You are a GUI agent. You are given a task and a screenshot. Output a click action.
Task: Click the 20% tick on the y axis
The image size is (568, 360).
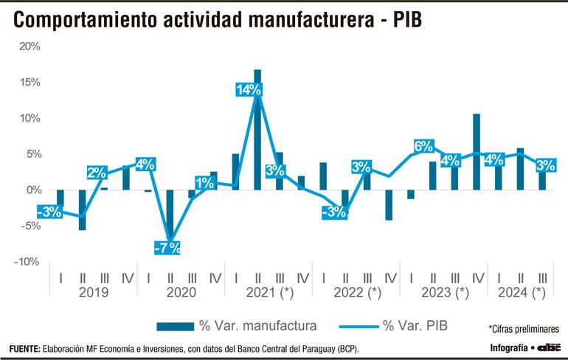pyautogui.click(x=29, y=46)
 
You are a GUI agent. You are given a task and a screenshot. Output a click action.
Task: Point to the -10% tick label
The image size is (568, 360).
pyautogui.click(x=27, y=261)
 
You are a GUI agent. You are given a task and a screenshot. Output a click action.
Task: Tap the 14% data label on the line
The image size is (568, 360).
pyautogui.click(x=249, y=91)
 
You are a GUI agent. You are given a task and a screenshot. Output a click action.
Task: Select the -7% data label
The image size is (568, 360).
pyautogui.click(x=167, y=247)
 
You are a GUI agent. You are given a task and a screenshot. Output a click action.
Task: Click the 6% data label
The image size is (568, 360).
pyautogui.click(x=423, y=147)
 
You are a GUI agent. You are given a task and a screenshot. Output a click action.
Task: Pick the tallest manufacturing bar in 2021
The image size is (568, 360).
pyautogui.click(x=257, y=129)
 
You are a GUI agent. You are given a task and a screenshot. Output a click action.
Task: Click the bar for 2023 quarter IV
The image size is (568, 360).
pyautogui.click(x=477, y=152)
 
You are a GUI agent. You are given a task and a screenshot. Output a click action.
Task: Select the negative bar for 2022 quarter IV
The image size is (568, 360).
pyautogui.click(x=389, y=204)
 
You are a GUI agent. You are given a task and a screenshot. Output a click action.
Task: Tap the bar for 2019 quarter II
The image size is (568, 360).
pyautogui.click(x=82, y=210)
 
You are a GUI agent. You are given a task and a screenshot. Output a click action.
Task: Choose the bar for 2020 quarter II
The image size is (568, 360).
pyautogui.click(x=170, y=214)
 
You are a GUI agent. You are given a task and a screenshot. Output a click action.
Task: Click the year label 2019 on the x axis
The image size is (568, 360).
pyautogui.click(x=93, y=293)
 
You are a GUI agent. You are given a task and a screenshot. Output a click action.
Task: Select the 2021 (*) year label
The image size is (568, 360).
pyautogui.click(x=269, y=293)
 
